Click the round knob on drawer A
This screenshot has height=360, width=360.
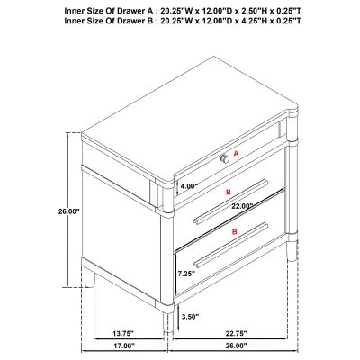click(225, 158)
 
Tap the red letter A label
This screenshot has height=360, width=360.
click(236, 154)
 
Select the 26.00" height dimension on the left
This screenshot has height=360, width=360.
click(68, 211)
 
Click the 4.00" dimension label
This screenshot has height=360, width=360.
click(189, 186)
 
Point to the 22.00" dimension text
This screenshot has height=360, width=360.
click(242, 206)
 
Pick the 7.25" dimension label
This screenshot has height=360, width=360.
click(186, 274)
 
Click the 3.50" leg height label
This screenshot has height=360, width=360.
click(190, 316)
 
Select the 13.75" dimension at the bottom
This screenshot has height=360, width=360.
click(123, 333)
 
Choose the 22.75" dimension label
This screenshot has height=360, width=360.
click(236, 333)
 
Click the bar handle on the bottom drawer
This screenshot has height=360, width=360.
click(230, 245)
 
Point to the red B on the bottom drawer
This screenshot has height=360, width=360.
click(235, 231)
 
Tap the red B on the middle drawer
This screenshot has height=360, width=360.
click(229, 192)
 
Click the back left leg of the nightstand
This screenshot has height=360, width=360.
click(89, 276)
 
